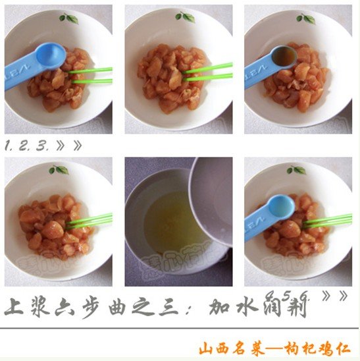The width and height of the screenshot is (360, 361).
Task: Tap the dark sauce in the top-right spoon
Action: coord(285,58)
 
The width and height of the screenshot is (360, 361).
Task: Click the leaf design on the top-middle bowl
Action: coord(185,16)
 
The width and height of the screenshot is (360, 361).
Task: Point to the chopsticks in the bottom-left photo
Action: coord(89,221)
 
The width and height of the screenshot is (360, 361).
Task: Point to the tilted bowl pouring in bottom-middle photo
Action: coord(211,198)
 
